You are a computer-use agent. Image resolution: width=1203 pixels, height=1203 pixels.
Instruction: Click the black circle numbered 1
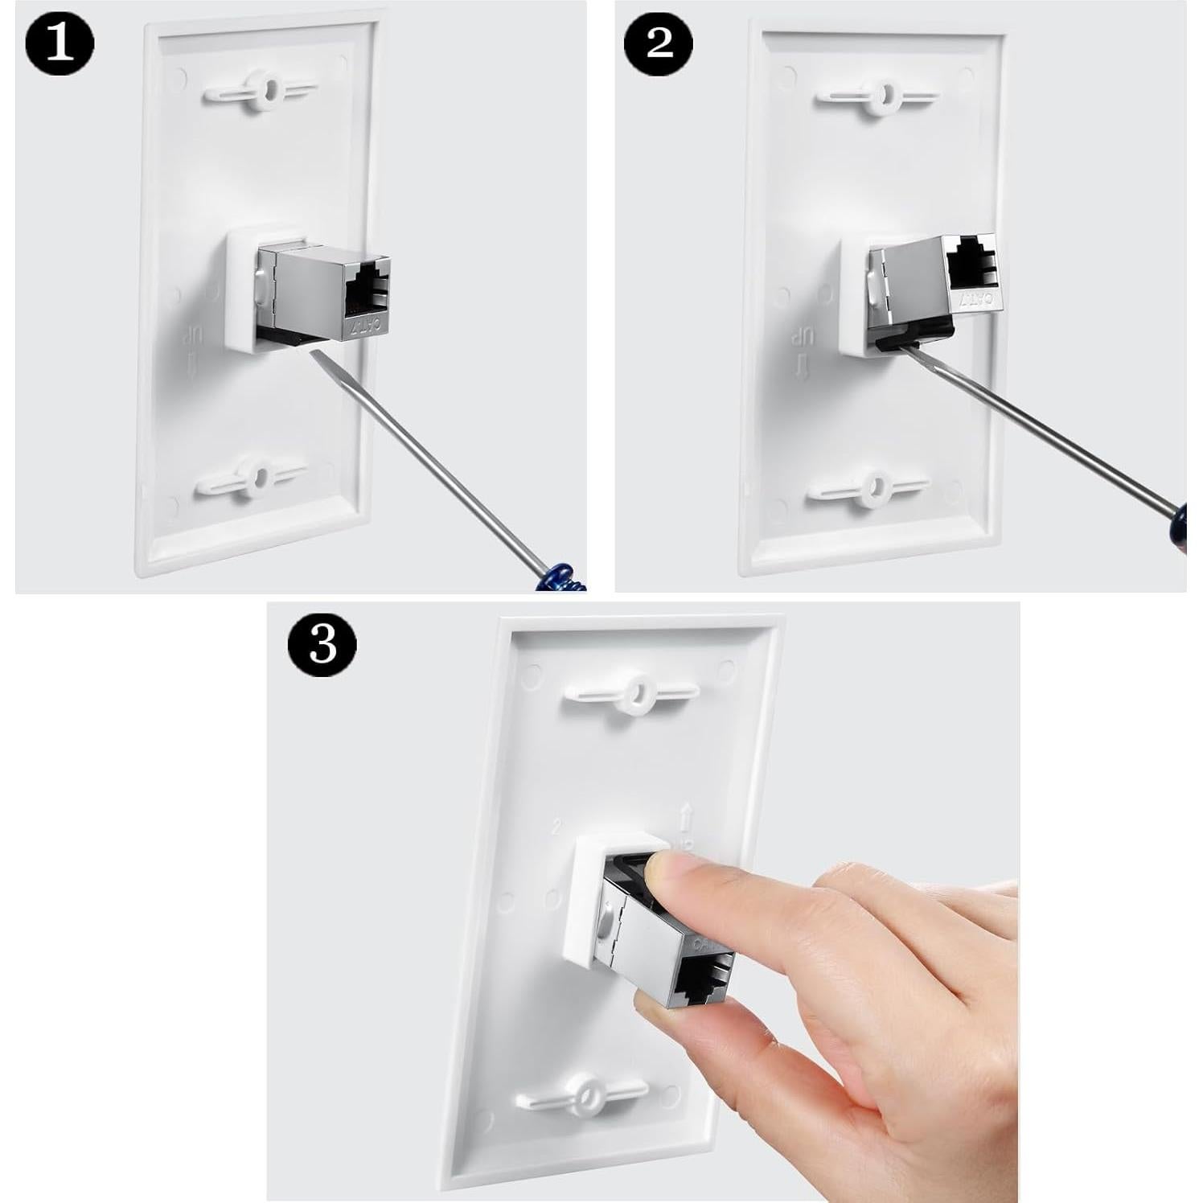point(59,45)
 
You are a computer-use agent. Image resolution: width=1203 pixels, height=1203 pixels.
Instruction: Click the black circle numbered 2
point(659,43)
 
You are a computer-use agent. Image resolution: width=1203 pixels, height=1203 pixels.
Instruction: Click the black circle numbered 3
point(322,643)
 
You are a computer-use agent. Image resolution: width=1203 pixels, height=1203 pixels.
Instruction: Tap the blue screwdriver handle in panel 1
point(560,577)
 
